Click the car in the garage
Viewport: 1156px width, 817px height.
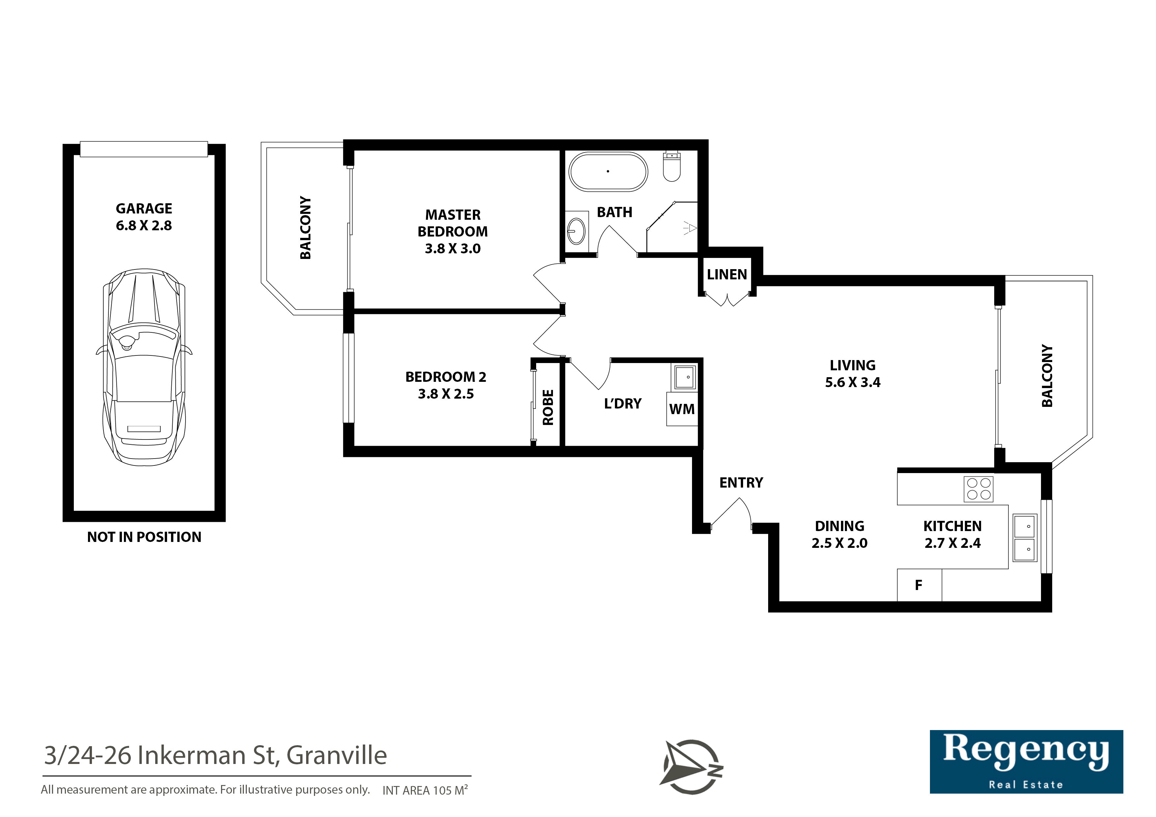click(x=144, y=367)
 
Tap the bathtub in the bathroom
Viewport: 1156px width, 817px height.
click(x=608, y=172)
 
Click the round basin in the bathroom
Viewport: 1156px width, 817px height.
click(x=576, y=231)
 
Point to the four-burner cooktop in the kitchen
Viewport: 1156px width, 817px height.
click(x=979, y=489)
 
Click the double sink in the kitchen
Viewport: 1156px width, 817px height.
click(x=1025, y=538)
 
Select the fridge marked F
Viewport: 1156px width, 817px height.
click(x=919, y=585)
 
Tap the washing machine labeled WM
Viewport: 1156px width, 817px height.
click(x=682, y=409)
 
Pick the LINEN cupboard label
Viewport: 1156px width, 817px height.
click(x=727, y=274)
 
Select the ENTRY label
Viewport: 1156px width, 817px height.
click(x=741, y=483)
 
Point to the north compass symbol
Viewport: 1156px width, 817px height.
click(x=692, y=767)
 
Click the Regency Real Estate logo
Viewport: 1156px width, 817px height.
click(x=1026, y=762)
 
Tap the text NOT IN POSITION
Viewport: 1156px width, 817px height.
click(x=144, y=537)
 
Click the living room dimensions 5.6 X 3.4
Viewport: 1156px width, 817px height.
click(x=853, y=382)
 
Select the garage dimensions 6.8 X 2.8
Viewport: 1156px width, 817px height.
click(x=144, y=226)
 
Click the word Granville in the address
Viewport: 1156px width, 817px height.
click(x=337, y=755)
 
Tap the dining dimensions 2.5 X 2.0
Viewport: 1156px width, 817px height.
click(x=840, y=543)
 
